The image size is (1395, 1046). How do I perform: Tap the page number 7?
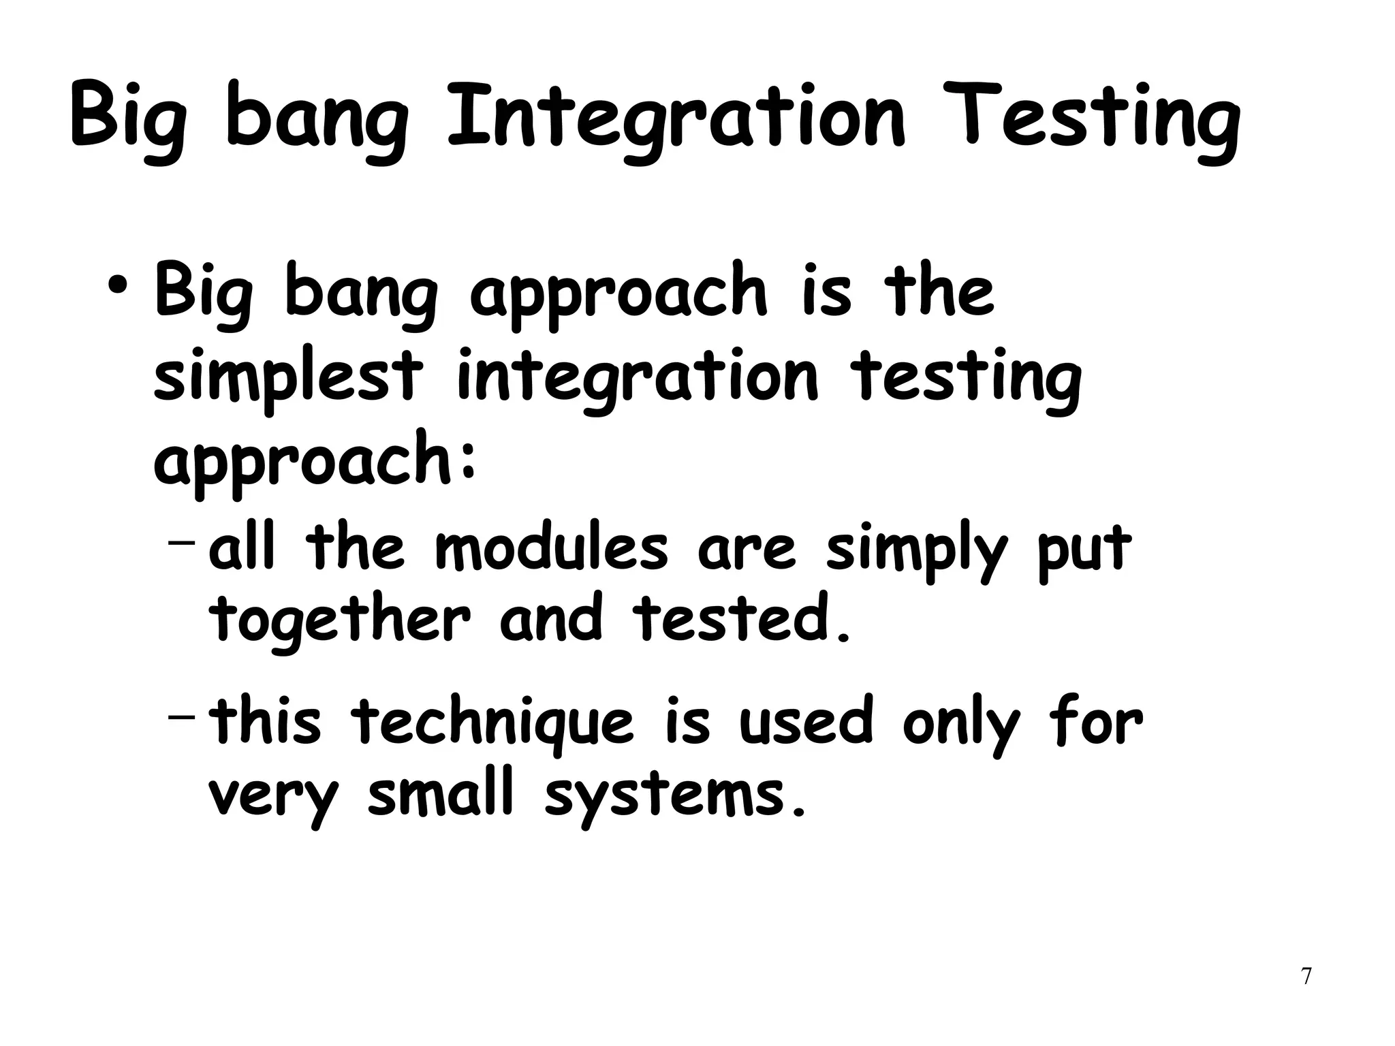pyautogui.click(x=1306, y=976)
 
